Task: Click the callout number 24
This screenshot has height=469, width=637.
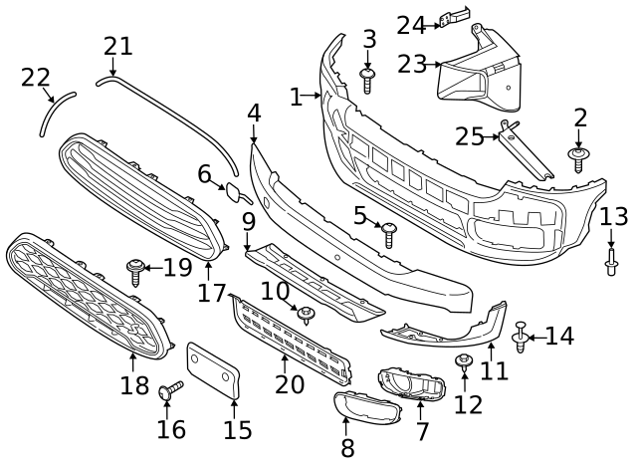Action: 411,25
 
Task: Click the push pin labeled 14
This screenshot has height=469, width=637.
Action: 521,340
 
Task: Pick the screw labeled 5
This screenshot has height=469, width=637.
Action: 389,235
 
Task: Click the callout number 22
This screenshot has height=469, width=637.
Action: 36,77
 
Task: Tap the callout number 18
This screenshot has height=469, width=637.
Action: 134,385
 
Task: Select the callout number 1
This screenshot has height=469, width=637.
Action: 296,97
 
